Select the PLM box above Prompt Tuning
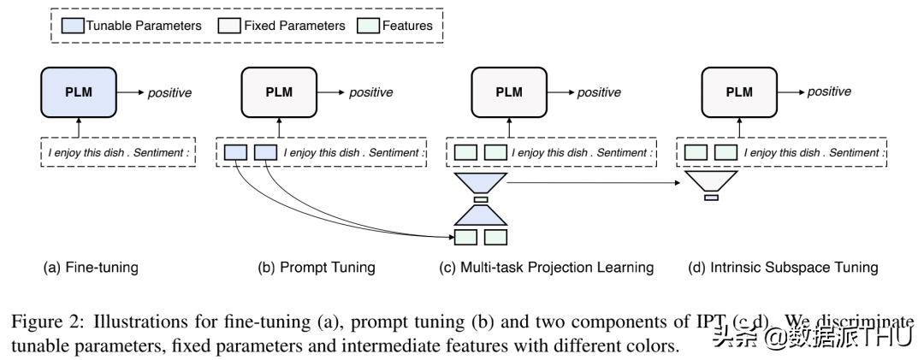277,92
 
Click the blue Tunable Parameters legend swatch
74,26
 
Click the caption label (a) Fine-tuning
91,268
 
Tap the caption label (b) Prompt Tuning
317,268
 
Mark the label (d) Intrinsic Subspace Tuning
783,268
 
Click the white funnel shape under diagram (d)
711,180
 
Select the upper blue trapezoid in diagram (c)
481,182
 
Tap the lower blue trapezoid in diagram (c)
481,214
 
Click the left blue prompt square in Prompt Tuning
235,153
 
